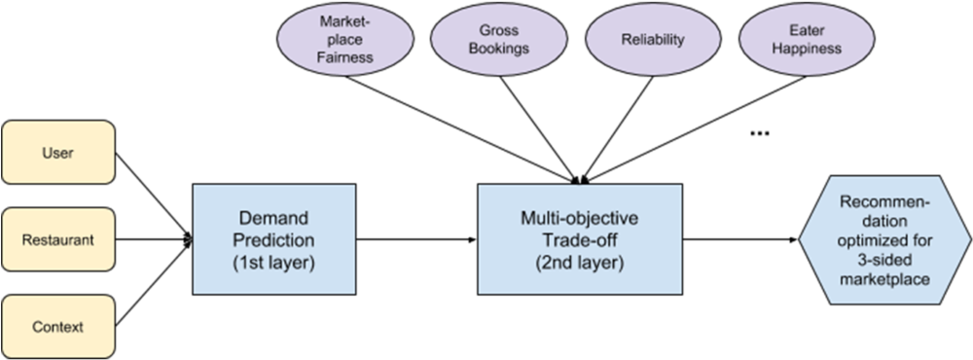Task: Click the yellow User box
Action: tap(58, 153)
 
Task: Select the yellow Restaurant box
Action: tap(58, 239)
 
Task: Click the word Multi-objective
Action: tap(580, 217)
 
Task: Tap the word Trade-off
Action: tap(580, 239)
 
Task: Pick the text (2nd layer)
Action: tap(580, 263)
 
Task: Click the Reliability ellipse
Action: tap(653, 41)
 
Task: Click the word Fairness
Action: tap(344, 57)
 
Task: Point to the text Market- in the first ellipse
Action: tap(344, 21)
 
